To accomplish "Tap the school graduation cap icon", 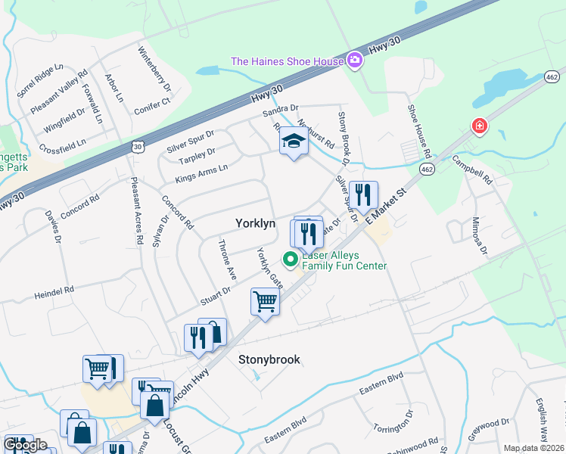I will pos(294,141).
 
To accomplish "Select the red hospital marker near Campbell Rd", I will pos(479,126).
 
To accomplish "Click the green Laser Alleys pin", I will pos(290,260).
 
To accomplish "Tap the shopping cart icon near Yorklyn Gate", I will pos(265,302).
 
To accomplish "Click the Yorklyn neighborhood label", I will pos(254,224).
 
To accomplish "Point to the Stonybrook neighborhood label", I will pos(269,359).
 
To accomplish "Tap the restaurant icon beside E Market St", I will pos(364,195).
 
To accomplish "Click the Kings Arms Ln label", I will pos(201,173).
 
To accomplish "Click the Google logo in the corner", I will pos(25,445).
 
